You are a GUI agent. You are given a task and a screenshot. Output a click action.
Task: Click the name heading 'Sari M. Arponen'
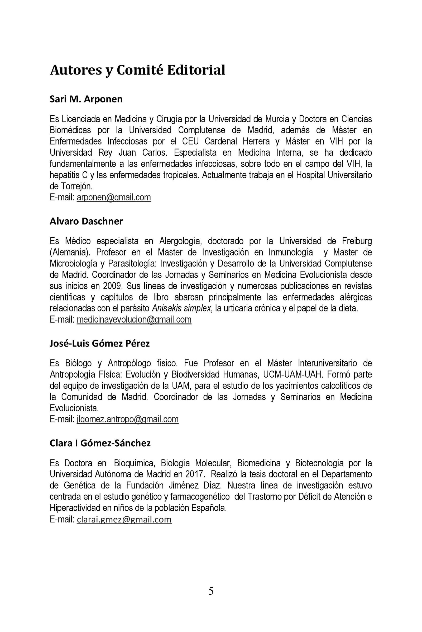[86, 99]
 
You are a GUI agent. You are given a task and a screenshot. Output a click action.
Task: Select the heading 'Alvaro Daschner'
[86, 221]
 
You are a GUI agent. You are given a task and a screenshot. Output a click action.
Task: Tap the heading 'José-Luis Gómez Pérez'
[100, 343]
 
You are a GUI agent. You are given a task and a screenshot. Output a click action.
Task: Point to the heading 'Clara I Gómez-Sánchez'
[100, 443]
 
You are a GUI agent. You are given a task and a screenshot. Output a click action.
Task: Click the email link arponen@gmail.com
[114, 197]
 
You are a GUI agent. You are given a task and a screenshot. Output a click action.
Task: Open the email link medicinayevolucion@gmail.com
[134, 319]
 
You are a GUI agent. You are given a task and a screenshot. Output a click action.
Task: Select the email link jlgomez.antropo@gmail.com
[128, 419]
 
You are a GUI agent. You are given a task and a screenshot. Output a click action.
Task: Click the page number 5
[211, 591]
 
